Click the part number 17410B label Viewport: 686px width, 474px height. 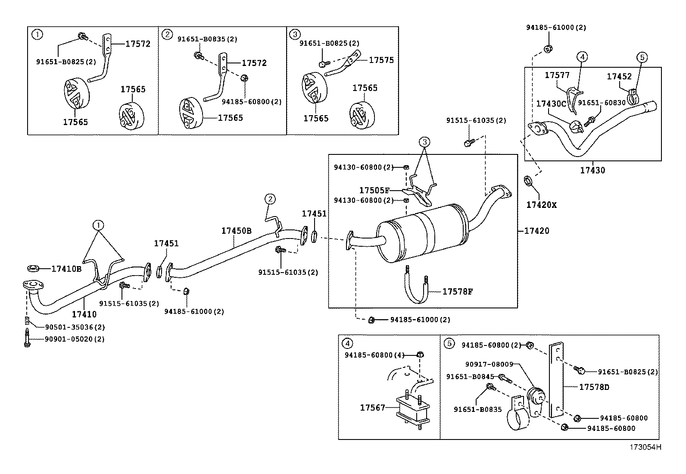[66, 269]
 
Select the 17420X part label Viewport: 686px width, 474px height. [541, 205]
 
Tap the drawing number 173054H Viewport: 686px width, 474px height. [645, 447]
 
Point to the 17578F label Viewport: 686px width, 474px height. [458, 292]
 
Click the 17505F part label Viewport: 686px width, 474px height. [374, 190]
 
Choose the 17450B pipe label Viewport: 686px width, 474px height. [237, 231]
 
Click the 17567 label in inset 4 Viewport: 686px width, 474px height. [372, 408]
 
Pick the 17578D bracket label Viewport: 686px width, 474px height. [594, 387]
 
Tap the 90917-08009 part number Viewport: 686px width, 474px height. [489, 364]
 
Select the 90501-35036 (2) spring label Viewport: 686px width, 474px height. [75, 327]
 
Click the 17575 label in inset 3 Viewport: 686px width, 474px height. [381, 60]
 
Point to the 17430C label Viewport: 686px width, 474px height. [551, 104]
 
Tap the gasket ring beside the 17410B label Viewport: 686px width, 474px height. [33, 269]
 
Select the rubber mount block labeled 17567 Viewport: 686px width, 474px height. [412, 409]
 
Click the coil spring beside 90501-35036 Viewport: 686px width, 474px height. [27, 320]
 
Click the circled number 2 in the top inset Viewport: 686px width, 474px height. [167, 35]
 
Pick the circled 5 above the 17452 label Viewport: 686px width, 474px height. [642, 57]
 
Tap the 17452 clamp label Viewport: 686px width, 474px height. [619, 76]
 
